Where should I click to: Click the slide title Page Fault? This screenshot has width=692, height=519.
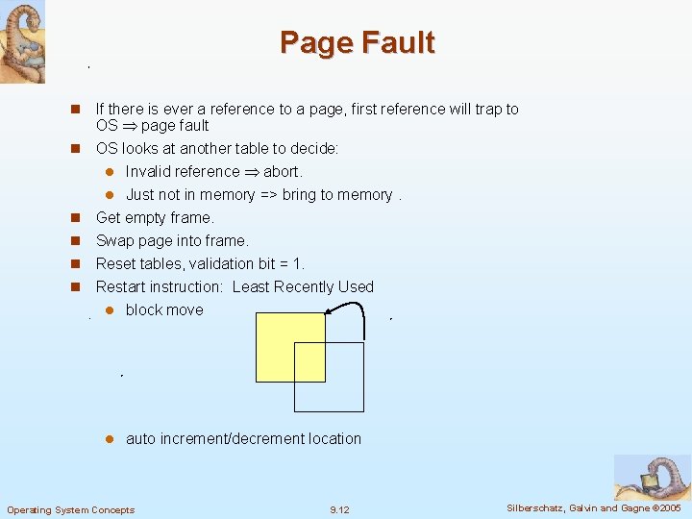tap(357, 43)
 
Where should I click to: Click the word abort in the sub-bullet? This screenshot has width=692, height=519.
tap(282, 172)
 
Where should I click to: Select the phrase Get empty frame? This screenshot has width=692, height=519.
tap(155, 218)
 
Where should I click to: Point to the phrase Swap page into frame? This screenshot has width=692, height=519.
tap(172, 241)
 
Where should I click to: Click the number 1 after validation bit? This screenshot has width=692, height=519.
tap(299, 264)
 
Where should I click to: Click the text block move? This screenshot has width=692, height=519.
tap(164, 310)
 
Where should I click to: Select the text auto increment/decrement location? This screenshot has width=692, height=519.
tap(243, 439)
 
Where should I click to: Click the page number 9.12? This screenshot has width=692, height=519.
tap(339, 509)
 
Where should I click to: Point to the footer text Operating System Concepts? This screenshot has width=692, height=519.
tap(71, 509)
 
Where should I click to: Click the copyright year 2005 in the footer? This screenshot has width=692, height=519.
tap(670, 507)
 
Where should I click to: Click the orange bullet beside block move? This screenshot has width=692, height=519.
tap(110, 310)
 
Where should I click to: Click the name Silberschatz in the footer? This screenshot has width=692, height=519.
tap(536, 507)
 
